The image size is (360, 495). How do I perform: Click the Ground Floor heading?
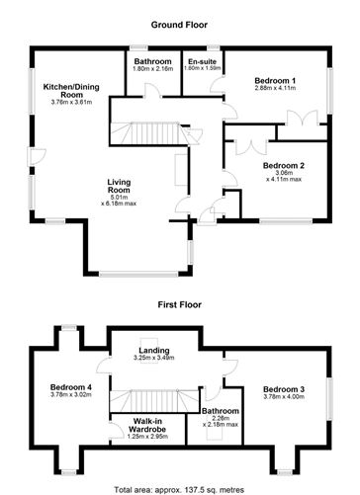point(179,25)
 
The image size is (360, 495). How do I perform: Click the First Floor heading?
point(179,304)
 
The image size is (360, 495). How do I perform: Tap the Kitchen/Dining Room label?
point(71,91)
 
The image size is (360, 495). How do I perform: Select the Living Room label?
point(119,186)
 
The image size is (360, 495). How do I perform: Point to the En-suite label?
point(202,61)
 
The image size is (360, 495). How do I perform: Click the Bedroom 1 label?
point(275,80)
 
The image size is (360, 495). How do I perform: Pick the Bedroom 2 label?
point(284,165)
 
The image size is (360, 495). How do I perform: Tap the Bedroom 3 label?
point(284,389)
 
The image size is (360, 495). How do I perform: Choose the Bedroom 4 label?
point(71,387)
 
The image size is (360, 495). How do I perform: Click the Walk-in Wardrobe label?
point(147,425)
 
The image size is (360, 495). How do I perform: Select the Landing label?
point(154,351)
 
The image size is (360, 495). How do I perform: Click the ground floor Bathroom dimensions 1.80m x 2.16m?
point(152,69)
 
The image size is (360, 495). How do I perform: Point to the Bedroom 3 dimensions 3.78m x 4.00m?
point(284,397)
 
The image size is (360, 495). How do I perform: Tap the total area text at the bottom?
point(179,489)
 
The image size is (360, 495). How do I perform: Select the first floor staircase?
point(154,400)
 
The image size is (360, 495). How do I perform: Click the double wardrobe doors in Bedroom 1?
point(302,118)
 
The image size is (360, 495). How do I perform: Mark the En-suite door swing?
point(217,85)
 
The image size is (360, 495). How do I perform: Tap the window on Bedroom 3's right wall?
point(329,398)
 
